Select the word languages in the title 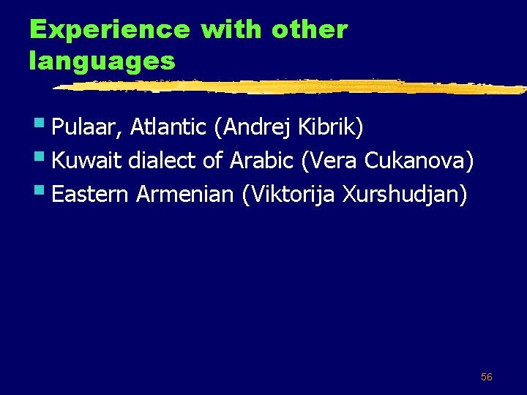pyautogui.click(x=102, y=61)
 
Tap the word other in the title pyautogui.click(x=309, y=30)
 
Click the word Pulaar pyautogui.click(x=88, y=128)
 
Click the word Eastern pyautogui.click(x=91, y=195)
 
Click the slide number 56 pyautogui.click(x=486, y=377)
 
